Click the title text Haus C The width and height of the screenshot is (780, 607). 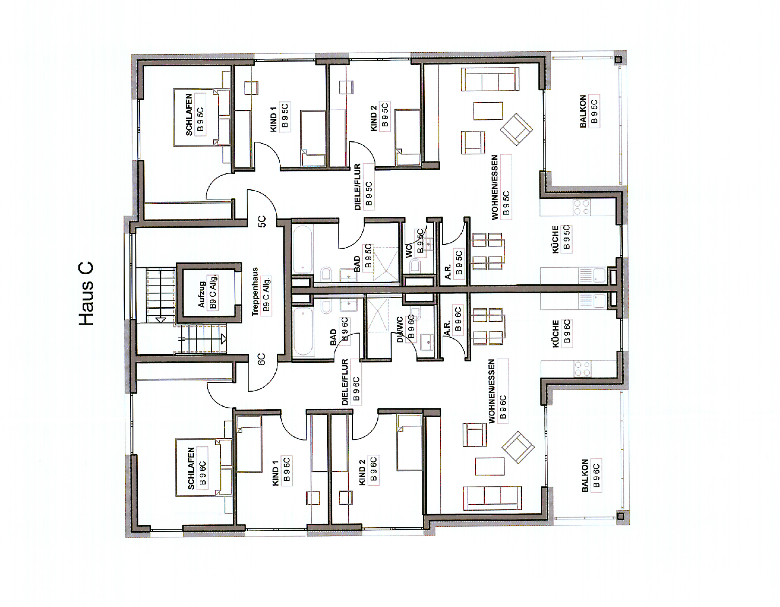86,293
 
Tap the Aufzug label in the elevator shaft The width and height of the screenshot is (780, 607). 201,294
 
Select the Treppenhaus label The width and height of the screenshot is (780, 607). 255,291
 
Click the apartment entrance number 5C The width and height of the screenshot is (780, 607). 262,222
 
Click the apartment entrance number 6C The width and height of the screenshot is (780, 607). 261,359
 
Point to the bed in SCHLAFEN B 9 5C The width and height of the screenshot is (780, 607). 202,117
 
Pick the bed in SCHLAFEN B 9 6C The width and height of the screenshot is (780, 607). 204,467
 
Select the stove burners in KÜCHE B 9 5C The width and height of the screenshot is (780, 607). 581,207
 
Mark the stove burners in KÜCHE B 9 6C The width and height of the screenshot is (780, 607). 582,368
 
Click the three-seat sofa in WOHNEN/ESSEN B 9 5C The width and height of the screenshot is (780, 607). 490,79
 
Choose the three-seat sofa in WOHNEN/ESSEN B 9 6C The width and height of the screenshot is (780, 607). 492,498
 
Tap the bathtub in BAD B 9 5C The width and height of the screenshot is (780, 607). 303,249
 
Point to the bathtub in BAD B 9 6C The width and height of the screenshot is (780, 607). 303,332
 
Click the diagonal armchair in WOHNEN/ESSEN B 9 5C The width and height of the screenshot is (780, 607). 516,129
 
